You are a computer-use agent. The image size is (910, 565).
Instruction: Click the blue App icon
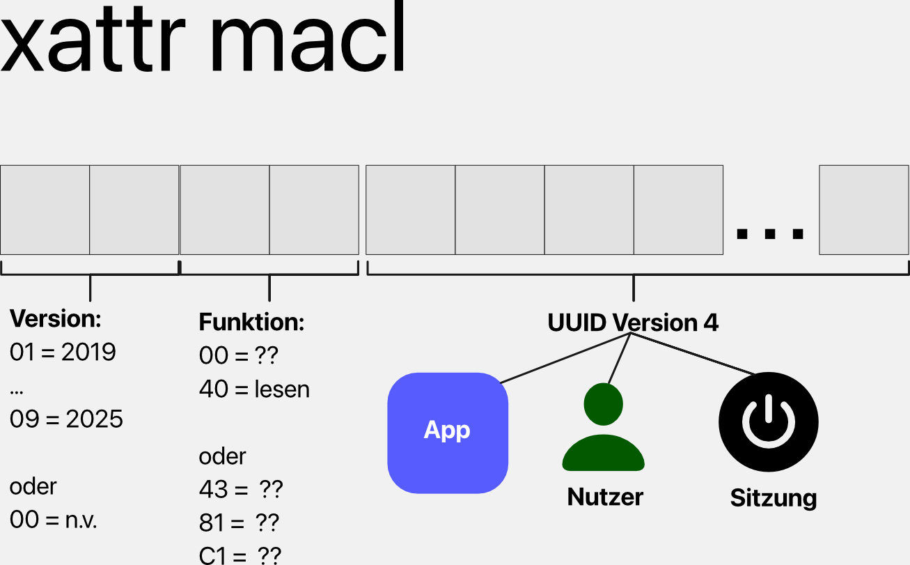[x=447, y=433]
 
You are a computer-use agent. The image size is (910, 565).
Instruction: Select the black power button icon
[x=768, y=421]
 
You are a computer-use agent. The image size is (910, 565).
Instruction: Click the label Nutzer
[x=605, y=497]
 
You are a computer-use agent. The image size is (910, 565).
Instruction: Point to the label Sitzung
[x=773, y=498]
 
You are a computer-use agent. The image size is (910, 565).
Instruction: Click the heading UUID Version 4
[x=633, y=323]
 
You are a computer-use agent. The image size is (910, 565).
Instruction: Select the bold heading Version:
[x=56, y=319]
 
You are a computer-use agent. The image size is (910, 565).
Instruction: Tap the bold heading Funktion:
[x=251, y=323]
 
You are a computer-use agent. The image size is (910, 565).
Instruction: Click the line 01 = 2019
[x=63, y=353]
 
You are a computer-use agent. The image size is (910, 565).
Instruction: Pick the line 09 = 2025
[x=66, y=419]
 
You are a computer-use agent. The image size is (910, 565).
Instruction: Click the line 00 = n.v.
[x=54, y=519]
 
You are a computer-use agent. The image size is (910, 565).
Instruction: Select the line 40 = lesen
[x=254, y=389]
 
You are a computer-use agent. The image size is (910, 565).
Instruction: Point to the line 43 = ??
[x=241, y=490]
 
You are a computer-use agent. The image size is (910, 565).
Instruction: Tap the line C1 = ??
[x=240, y=555]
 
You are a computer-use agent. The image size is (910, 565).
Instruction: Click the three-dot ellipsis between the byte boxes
[x=770, y=233]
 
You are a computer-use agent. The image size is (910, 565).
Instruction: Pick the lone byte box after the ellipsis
[x=863, y=210]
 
